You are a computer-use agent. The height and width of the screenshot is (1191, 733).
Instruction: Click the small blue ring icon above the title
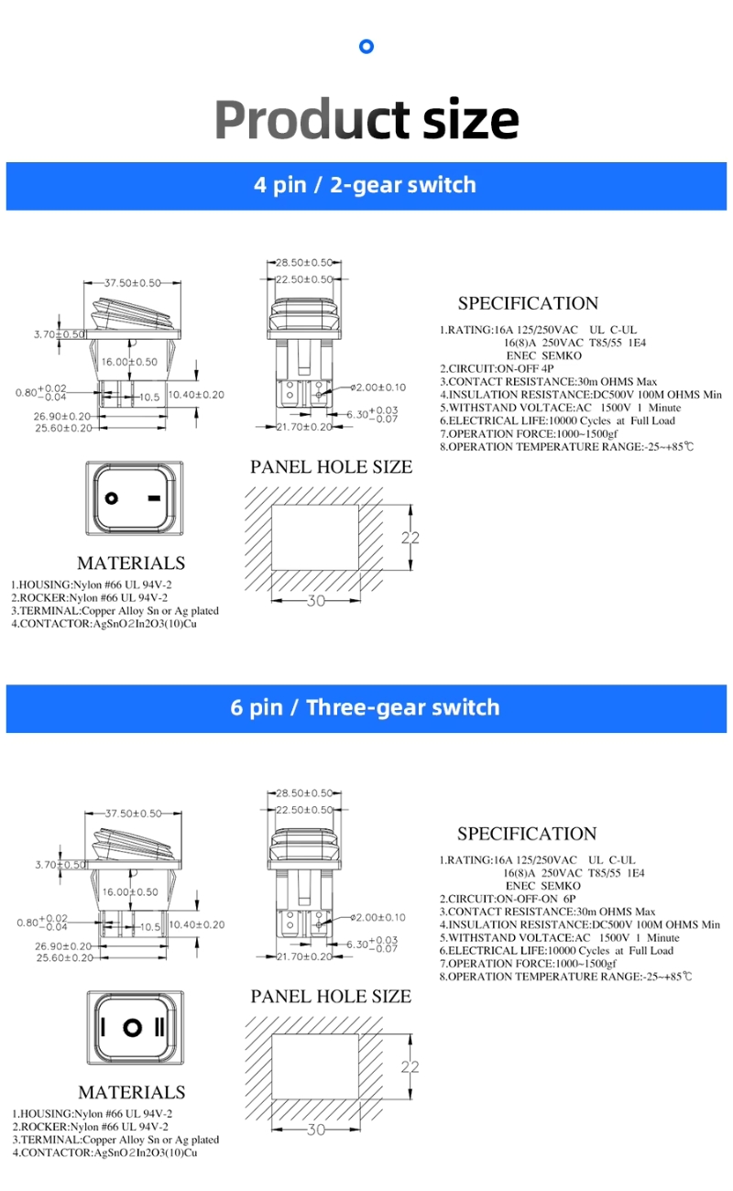click(x=366, y=47)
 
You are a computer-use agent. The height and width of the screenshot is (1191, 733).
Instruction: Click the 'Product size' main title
click(x=366, y=119)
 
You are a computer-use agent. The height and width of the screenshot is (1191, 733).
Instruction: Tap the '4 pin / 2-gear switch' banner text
click(x=365, y=185)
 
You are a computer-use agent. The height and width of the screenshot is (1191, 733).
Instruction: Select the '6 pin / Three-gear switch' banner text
click(x=365, y=707)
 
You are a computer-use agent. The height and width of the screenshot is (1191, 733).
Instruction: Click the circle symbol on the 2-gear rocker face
click(x=112, y=498)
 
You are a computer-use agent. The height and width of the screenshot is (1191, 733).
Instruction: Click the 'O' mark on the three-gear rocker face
click(x=134, y=1025)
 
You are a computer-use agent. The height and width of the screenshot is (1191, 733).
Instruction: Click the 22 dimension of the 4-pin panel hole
click(x=410, y=538)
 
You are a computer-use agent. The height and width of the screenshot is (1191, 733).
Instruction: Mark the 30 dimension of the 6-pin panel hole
click(x=315, y=1131)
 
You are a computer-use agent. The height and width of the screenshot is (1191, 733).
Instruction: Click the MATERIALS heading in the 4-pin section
click(x=131, y=563)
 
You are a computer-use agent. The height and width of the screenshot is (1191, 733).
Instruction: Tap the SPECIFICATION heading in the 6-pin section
click(x=527, y=834)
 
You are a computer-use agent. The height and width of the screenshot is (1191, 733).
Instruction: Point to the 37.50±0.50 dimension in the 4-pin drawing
click(x=132, y=283)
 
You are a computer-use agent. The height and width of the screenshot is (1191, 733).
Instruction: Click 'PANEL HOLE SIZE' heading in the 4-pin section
click(x=332, y=467)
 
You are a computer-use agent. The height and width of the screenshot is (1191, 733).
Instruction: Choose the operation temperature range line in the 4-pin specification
click(x=566, y=447)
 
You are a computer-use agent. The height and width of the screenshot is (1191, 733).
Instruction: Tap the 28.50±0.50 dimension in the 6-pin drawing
click(x=304, y=792)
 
